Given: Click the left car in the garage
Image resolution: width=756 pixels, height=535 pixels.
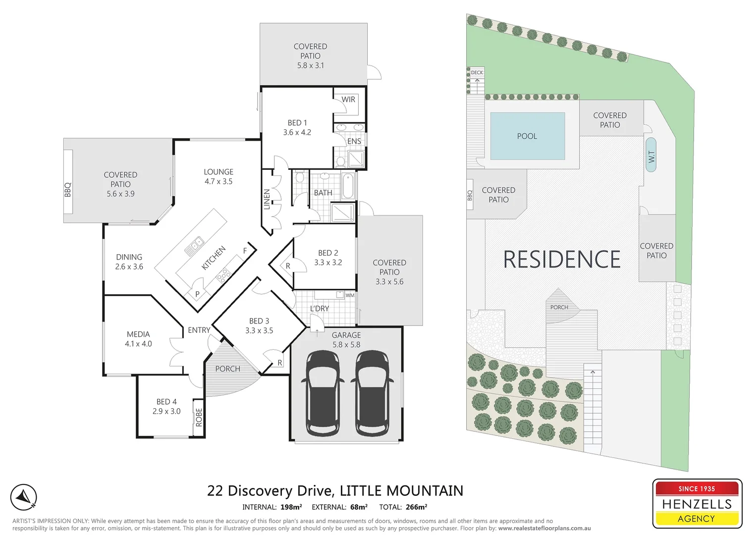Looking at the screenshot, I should [323, 393].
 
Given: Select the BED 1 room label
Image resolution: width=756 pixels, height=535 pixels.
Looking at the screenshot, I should [297, 123].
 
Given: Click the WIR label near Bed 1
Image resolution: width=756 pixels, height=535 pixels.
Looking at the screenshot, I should [348, 100].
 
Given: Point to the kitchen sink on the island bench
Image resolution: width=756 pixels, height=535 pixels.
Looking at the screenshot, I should [195, 245].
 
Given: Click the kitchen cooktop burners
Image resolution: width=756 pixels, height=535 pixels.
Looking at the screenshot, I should [223, 274].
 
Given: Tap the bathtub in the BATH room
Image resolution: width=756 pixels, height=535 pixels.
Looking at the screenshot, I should [348, 185].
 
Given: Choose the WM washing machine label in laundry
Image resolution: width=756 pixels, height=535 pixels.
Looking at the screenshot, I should [350, 295].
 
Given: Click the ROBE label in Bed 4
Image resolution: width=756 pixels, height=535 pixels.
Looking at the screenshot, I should [199, 418].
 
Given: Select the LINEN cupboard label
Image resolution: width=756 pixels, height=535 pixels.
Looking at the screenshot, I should [267, 199].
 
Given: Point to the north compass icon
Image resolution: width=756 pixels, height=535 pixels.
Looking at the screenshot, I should [24, 497].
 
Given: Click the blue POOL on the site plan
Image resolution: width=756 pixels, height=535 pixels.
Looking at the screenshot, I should [527, 136].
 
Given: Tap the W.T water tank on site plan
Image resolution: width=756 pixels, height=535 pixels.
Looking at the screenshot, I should [651, 155].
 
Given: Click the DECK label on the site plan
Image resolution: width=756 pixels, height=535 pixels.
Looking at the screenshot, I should [477, 73].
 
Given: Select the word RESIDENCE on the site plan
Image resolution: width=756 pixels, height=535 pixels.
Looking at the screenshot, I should [561, 260].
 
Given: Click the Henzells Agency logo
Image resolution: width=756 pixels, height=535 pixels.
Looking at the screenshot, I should [697, 503].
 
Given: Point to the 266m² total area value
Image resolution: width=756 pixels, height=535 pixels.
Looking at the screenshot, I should [416, 507].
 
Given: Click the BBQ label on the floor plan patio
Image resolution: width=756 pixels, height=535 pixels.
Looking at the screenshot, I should [68, 190].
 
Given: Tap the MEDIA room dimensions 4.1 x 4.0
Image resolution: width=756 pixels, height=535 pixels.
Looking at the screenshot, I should [138, 344].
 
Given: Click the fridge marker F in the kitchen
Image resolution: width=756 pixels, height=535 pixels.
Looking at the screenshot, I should [245, 251].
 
